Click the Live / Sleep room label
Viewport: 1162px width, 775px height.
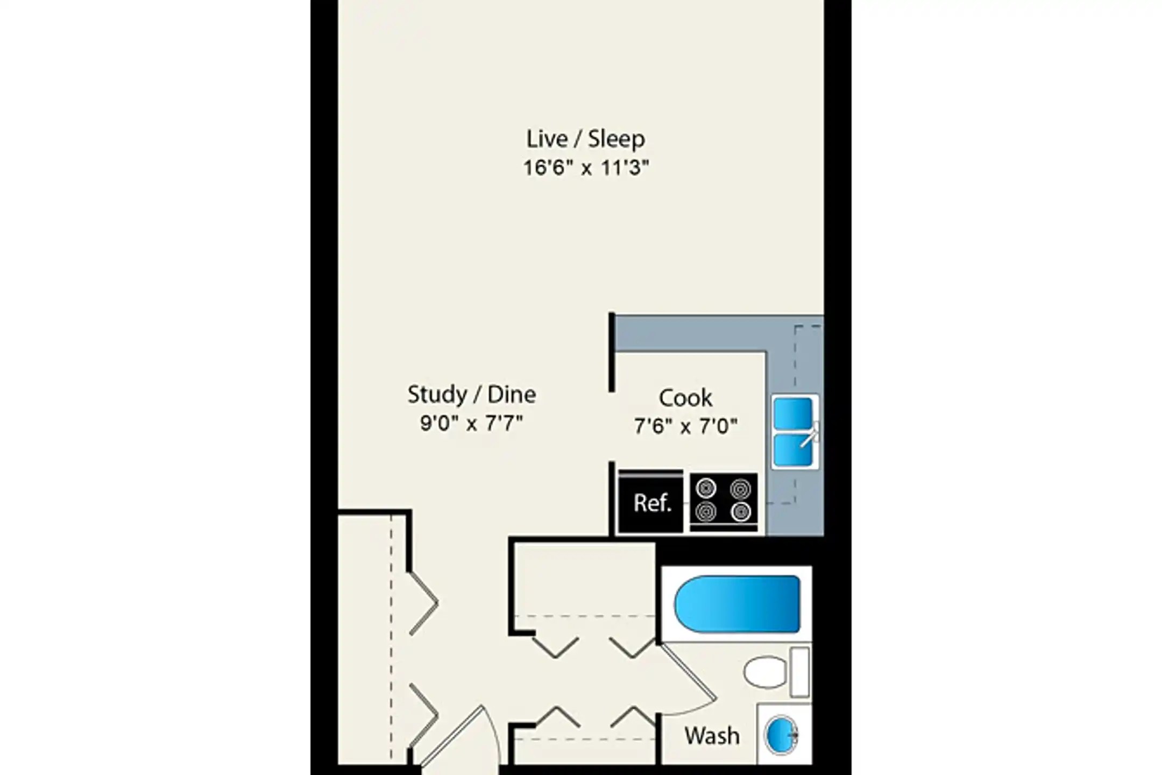coord(585,139)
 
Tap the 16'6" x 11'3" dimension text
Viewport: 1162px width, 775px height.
coord(586,168)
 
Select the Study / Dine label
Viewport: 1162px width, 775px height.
coord(471,394)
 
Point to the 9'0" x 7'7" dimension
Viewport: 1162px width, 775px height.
coord(471,424)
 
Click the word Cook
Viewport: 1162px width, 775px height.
coord(685,398)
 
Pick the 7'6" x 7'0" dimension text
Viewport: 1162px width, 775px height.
coord(685,427)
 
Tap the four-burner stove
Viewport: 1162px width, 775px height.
coord(724,502)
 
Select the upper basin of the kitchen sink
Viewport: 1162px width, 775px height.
coord(792,413)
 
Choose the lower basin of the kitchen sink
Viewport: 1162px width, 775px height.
coord(792,450)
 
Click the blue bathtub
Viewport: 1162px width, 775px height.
coord(738,604)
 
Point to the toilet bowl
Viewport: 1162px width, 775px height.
coord(765,672)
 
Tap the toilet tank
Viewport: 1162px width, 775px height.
coord(799,672)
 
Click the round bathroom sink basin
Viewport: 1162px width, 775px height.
coord(781,734)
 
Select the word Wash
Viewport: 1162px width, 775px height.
coord(712,736)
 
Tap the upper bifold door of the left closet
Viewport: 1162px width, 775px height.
coord(424,603)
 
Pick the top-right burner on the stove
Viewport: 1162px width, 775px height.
coord(740,489)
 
